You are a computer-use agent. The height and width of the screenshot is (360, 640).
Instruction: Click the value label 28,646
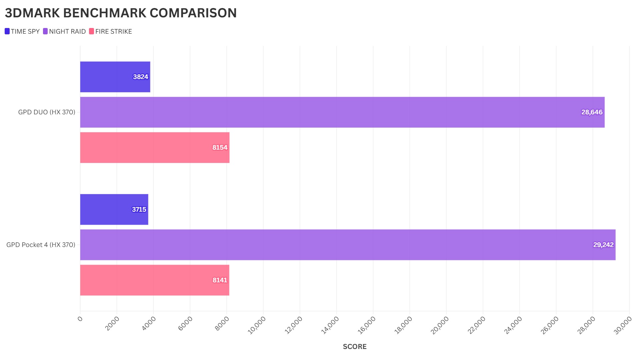pyautogui.click(x=592, y=112)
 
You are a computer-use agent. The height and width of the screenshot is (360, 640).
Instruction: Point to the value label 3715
pyautogui.click(x=139, y=209)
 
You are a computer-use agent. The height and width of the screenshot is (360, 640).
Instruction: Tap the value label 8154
pyautogui.click(x=220, y=147)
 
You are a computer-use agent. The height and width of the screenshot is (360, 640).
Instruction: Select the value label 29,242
pyautogui.click(x=603, y=245)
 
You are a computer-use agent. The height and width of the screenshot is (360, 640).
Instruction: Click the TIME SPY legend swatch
pyautogui.click(x=7, y=31)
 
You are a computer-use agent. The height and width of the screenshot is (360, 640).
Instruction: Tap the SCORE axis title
pyautogui.click(x=355, y=347)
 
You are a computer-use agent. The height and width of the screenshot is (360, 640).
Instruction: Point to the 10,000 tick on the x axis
pyautogui.click(x=257, y=325)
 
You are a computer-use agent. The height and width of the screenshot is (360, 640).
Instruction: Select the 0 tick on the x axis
pyautogui.click(x=80, y=319)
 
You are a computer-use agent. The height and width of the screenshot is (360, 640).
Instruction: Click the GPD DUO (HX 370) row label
pyautogui.click(x=47, y=112)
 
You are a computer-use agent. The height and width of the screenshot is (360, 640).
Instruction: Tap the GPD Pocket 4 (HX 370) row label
pyautogui.click(x=41, y=245)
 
